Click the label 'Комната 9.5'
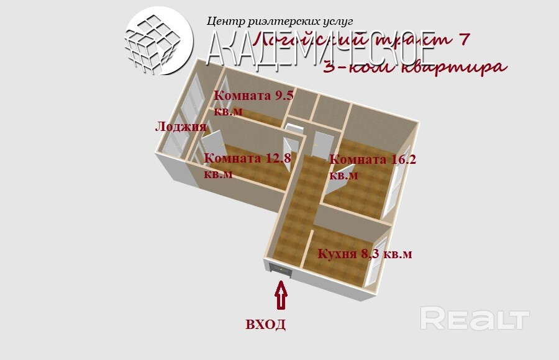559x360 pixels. click(x=253, y=96)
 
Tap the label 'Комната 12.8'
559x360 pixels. click(x=247, y=158)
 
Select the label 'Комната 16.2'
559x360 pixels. click(x=372, y=160)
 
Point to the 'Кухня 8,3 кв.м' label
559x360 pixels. click(x=365, y=254)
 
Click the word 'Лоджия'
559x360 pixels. click(x=180, y=127)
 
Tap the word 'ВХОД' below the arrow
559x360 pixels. click(x=265, y=324)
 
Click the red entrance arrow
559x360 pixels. click(x=281, y=295)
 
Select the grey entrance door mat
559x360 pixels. click(x=277, y=269)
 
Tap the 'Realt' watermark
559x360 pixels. click(x=475, y=318)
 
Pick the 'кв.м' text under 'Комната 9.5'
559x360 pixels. click(x=228, y=112)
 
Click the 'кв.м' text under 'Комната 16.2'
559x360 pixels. click(x=343, y=176)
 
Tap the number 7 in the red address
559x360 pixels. click(x=462, y=40)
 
